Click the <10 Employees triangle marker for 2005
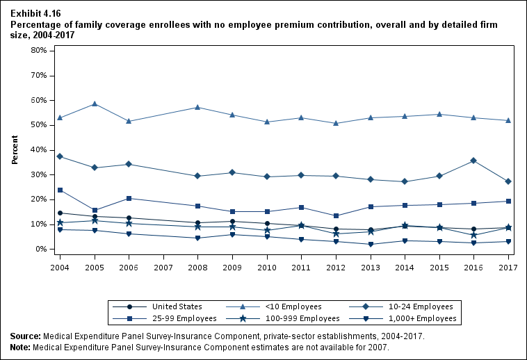95,104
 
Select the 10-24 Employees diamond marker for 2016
473,161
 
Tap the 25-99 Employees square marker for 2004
60,190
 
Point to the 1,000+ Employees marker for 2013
371,244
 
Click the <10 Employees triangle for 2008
198,107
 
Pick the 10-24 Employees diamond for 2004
60,156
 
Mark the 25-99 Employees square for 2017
508,202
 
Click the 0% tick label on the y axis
40,249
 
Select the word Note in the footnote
21,347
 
